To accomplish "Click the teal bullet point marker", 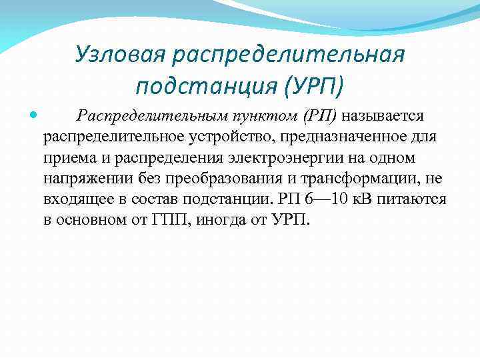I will [x=34, y=116].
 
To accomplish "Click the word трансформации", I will [x=359, y=179].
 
